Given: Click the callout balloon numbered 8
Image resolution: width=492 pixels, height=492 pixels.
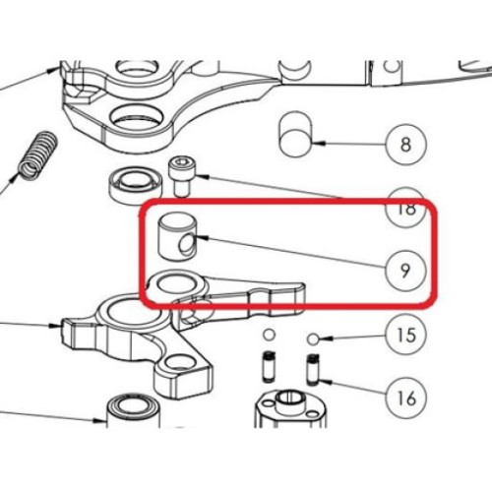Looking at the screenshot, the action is click(406, 145).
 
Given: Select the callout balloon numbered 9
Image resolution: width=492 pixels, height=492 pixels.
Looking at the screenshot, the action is click(405, 270).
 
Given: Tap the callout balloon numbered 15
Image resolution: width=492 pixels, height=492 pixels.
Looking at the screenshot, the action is click(406, 336).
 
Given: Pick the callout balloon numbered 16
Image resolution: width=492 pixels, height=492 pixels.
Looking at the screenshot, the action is click(406, 399).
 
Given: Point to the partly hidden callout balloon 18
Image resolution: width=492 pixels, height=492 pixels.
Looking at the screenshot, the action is click(406, 208).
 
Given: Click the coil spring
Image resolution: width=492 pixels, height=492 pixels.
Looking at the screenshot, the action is click(37, 156).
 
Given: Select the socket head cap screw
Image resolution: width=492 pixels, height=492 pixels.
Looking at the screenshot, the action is click(180, 176).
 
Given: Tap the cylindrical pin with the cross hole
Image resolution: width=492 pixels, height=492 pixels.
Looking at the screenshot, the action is click(177, 237).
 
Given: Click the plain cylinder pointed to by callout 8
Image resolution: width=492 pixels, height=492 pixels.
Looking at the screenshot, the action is click(295, 134).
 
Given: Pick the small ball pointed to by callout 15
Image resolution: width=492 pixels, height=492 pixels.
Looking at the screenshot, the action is click(313, 338).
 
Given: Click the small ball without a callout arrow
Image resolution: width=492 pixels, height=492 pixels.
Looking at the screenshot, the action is click(269, 336).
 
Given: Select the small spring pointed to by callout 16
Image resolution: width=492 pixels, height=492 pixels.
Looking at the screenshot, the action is click(313, 370).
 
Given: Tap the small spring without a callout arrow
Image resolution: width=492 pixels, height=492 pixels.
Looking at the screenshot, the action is click(269, 366).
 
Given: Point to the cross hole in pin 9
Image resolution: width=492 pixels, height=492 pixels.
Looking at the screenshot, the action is click(186, 245).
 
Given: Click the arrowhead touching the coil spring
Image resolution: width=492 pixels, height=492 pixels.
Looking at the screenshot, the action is click(15, 177).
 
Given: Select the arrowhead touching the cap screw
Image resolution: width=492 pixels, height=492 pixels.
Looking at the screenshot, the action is click(199, 176).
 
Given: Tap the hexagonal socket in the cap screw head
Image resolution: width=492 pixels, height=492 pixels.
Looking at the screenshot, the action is click(180, 162).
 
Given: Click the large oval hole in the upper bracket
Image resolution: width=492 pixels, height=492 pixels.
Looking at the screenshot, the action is click(137, 116).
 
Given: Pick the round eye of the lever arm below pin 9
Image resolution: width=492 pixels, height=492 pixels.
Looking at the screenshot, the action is click(174, 282).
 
